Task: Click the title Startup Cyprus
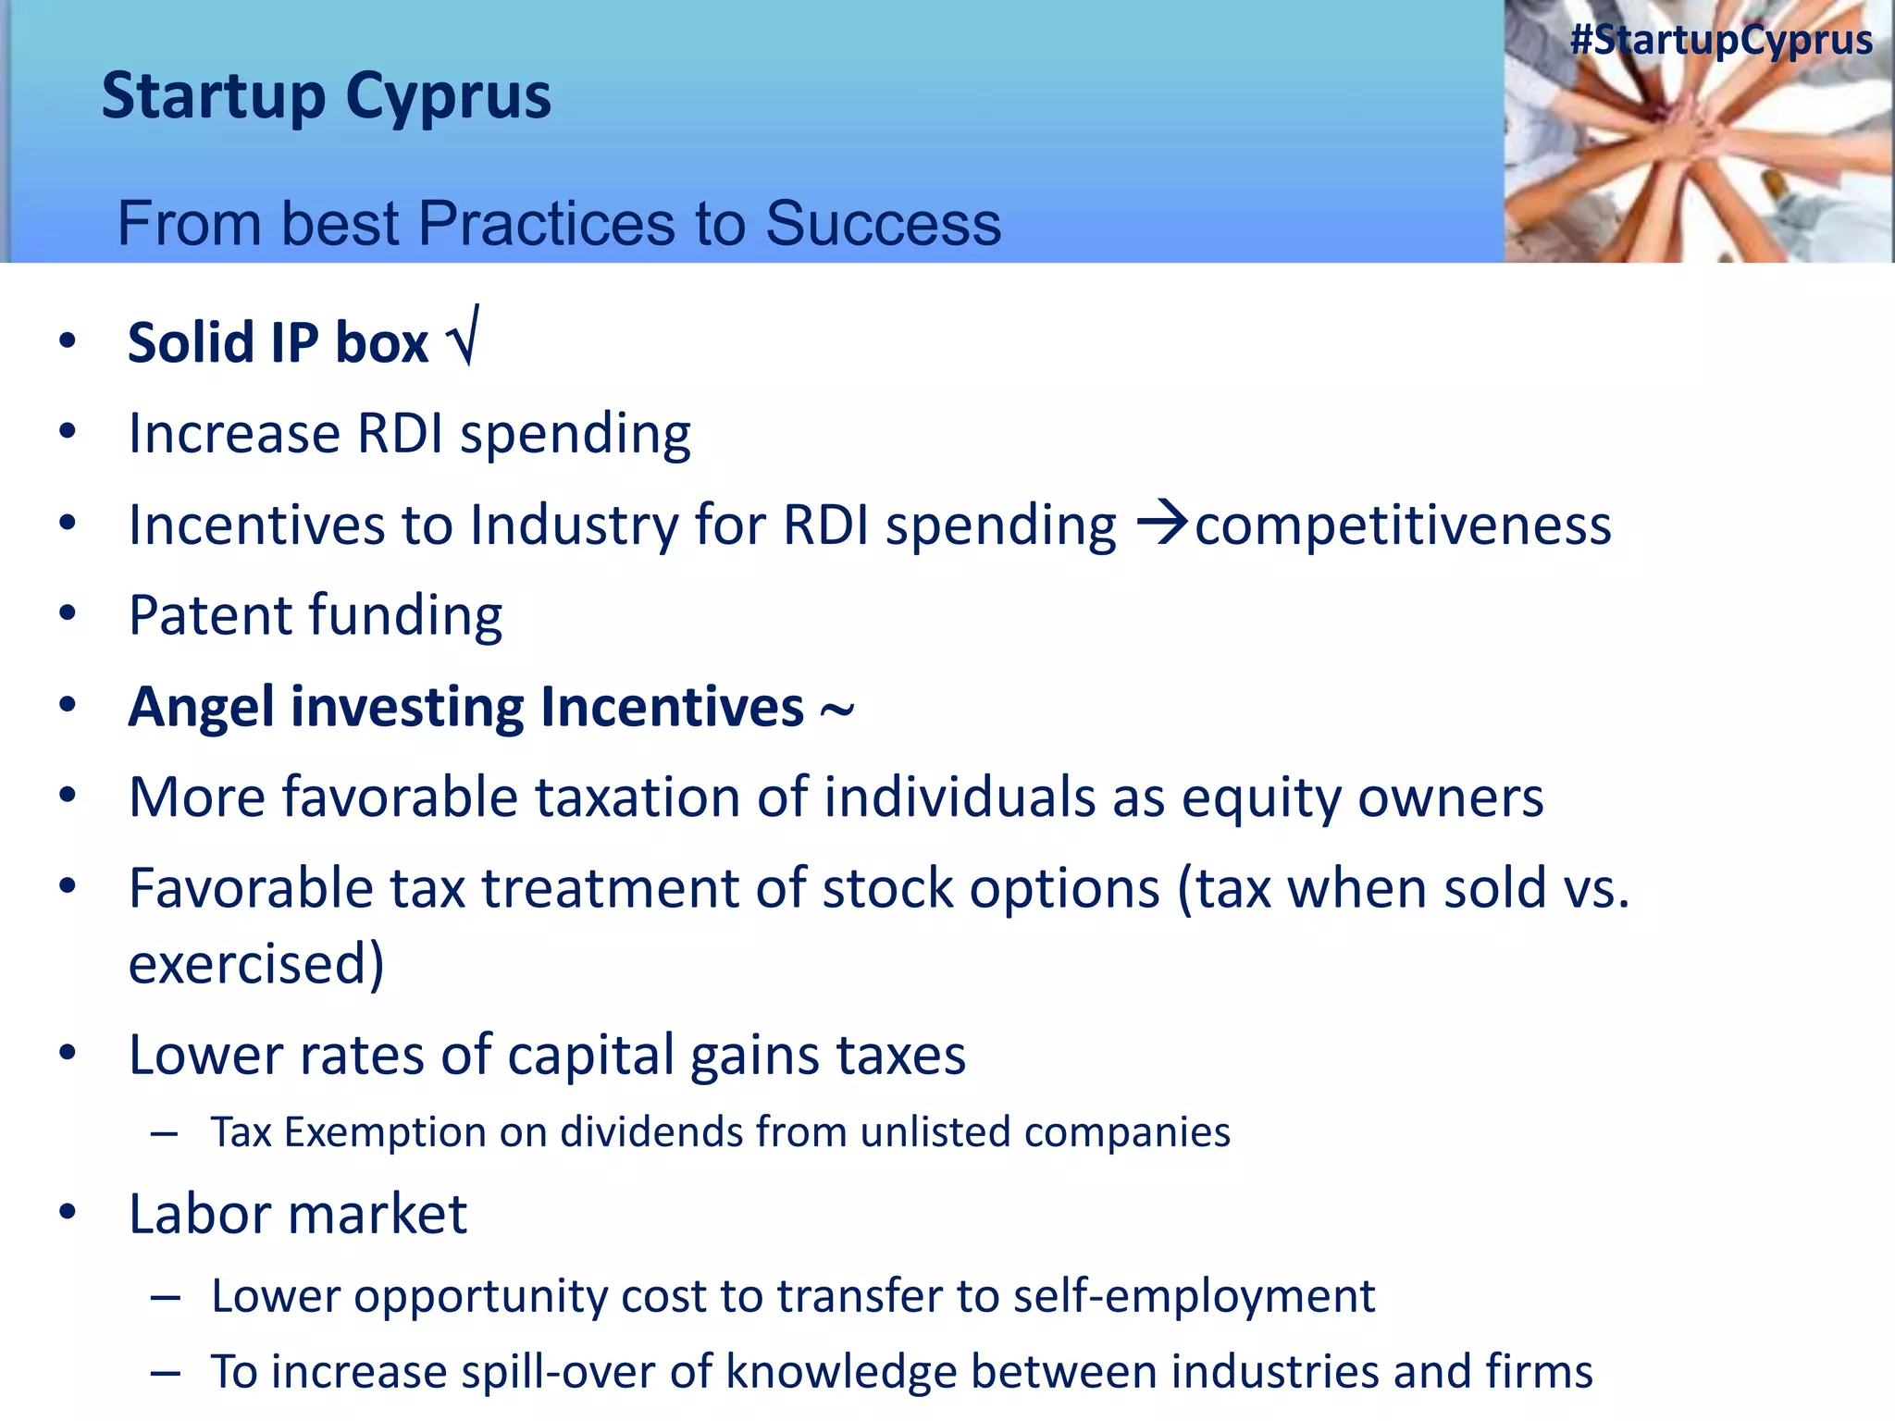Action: [326, 96]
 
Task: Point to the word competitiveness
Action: [1403, 525]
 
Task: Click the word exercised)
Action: [255, 964]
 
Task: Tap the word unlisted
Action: [935, 1132]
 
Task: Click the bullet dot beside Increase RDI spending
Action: [67, 432]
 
